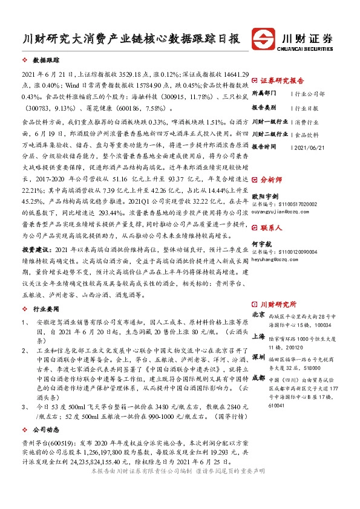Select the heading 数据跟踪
(45, 61)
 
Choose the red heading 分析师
(270, 180)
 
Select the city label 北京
(258, 314)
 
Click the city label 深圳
(258, 356)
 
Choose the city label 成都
(258, 377)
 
